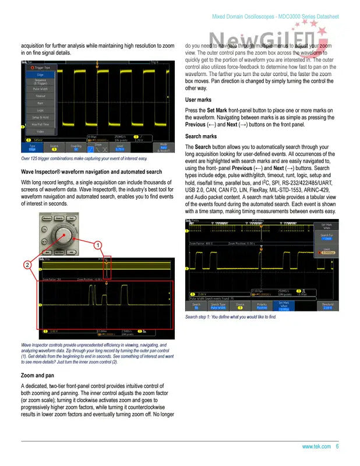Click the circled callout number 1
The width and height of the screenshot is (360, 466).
coord(100,245)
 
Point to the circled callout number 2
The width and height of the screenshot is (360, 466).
coord(27,265)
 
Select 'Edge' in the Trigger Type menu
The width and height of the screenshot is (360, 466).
coord(40,75)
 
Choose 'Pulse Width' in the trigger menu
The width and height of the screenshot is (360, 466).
coord(40,89)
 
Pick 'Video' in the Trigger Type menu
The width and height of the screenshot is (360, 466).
coord(40,132)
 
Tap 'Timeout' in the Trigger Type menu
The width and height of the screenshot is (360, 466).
coord(40,96)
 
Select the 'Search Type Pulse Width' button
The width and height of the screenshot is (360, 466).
coord(218,305)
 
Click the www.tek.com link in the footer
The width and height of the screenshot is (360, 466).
coord(316,446)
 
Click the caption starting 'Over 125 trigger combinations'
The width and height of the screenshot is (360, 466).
coord(84,158)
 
